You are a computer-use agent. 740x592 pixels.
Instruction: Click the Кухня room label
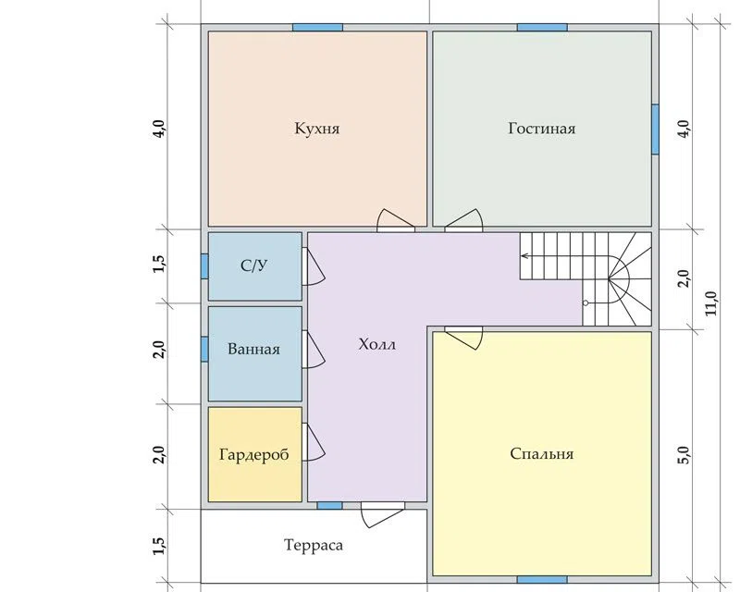[x=317, y=129]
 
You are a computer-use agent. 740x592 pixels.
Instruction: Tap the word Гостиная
[x=542, y=129]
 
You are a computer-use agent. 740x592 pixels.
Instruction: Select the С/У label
[x=253, y=265]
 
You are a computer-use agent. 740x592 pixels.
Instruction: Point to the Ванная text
[x=253, y=349]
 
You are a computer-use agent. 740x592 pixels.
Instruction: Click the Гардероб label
[x=253, y=454]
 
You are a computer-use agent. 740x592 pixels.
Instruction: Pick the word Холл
[x=377, y=344]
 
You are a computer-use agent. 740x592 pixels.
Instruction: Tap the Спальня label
[x=542, y=453]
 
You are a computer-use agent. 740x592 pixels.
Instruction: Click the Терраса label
[x=314, y=545]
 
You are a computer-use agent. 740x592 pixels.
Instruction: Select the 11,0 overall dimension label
[x=711, y=303]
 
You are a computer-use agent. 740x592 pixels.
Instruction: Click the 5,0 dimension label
[x=684, y=455]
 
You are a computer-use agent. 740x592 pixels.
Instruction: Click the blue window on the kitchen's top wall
[x=317, y=28]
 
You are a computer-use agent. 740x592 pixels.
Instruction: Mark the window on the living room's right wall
[x=655, y=129]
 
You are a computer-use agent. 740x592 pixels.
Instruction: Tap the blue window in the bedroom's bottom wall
[x=542, y=579]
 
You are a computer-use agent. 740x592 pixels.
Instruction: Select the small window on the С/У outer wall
[x=204, y=265]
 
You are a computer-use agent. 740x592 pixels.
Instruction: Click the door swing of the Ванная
[x=313, y=350]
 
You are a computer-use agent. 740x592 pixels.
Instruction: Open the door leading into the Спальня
[x=463, y=338]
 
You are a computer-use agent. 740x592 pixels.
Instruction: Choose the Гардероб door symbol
[x=313, y=442]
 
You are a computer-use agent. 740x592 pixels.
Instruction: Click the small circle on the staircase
[x=586, y=303]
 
